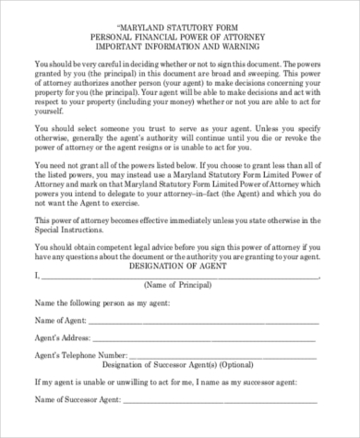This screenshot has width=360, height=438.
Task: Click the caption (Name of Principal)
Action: (179, 288)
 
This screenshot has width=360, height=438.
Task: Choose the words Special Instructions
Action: (70, 234)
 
